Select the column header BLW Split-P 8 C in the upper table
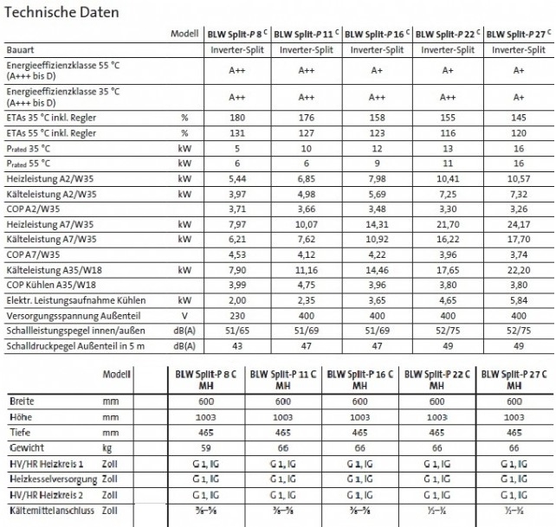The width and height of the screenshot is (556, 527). click(236, 35)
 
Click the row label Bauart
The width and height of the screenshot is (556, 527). click(20, 50)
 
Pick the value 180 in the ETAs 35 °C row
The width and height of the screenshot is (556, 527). click(236, 117)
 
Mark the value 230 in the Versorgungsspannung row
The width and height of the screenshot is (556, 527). click(236, 315)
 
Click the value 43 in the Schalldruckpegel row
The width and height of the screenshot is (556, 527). click(236, 346)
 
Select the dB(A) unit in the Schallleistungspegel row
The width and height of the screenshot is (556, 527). click(184, 331)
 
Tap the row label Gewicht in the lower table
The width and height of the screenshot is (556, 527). click(27, 448)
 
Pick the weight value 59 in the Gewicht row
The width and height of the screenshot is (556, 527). click(207, 448)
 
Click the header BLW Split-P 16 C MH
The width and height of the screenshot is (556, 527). click(359, 379)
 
